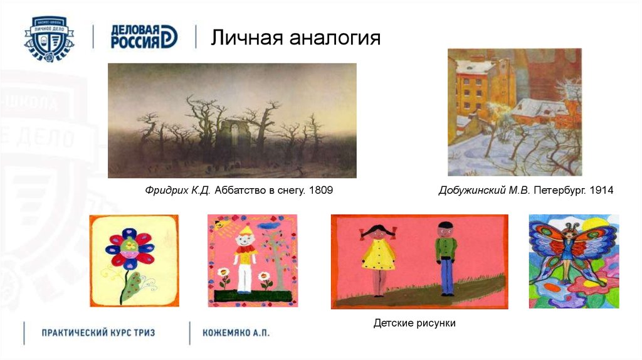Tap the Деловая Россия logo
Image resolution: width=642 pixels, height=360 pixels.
pos(144,37)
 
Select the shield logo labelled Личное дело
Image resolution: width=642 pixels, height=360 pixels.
pos(49,37)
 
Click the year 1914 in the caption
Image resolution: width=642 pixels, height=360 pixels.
pos(601,189)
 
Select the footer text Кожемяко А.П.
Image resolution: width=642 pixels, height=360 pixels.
pos(236,332)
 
